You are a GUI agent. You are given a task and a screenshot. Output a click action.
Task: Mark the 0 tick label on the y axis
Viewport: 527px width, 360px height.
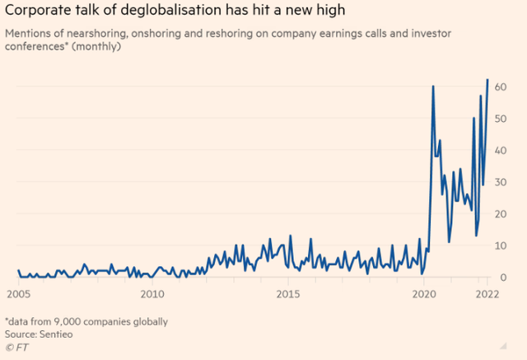(x=502, y=278)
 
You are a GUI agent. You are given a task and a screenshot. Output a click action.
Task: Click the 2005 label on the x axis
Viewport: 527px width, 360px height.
(x=18, y=292)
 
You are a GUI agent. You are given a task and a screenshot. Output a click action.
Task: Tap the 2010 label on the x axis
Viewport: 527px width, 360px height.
(x=152, y=292)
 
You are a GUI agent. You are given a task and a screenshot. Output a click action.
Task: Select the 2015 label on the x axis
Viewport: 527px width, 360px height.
(x=287, y=292)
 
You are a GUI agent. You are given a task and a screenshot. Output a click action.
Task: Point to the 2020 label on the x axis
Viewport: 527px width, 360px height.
(x=423, y=292)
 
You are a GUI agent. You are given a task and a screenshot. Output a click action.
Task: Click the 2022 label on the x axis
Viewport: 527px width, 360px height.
(x=486, y=292)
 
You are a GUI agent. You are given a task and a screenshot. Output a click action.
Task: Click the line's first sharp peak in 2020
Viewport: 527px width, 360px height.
(x=433, y=86)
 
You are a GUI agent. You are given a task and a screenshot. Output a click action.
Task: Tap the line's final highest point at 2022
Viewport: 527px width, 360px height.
(x=487, y=80)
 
